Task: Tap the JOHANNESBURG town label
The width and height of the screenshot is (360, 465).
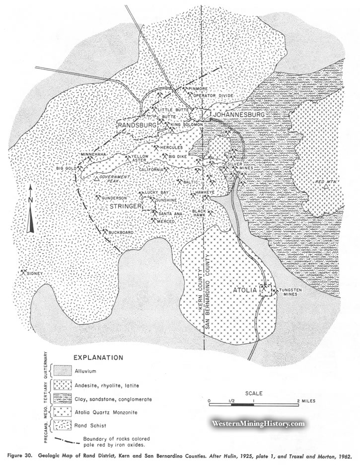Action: click(x=238, y=115)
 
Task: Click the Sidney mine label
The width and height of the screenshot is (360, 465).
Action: click(x=35, y=273)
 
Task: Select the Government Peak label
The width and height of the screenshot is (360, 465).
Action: click(x=114, y=179)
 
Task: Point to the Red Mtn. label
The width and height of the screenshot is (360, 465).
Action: click(x=324, y=183)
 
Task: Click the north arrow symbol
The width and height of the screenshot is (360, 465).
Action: click(x=31, y=208)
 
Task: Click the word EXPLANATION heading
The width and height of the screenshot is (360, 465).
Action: click(x=98, y=357)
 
